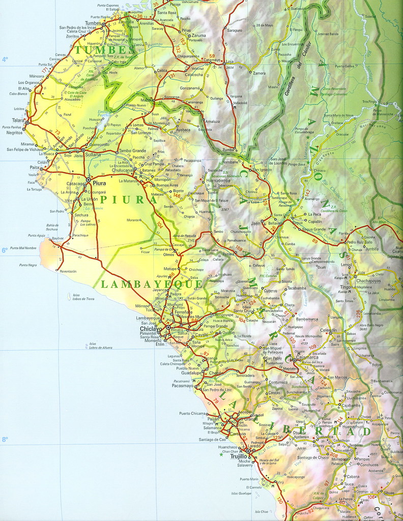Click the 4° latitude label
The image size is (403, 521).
pyautogui.click(x=5, y=60)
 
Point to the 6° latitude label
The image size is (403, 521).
pyautogui.click(x=5, y=250)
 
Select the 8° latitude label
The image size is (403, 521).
pyautogui.click(x=5, y=440)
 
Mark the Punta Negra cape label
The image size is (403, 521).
pyautogui.click(x=28, y=265)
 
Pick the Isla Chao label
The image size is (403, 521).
pyautogui.click(x=261, y=511)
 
